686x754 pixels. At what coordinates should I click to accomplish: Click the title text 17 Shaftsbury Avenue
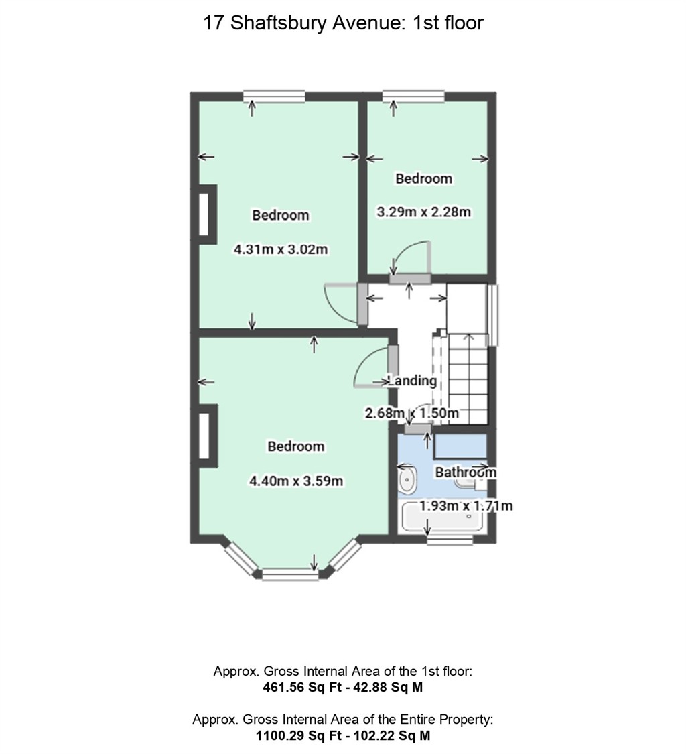[343, 23]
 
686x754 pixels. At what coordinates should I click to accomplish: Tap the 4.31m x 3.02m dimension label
[280, 250]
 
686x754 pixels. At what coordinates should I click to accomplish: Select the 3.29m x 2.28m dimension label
[423, 212]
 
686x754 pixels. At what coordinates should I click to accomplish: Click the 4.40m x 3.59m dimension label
[296, 481]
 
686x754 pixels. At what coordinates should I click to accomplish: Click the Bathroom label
[466, 472]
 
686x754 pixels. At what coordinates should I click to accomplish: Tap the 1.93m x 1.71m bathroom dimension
[466, 505]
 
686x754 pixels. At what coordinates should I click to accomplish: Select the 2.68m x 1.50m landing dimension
[411, 413]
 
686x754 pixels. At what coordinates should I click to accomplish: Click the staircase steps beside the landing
[469, 379]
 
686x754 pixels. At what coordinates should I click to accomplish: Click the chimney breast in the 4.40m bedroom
[206, 436]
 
